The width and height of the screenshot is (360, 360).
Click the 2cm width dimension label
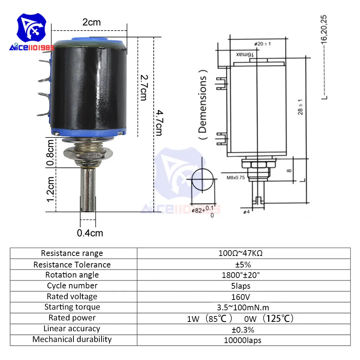(x=91, y=22)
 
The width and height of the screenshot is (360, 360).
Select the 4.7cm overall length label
(x=159, y=123)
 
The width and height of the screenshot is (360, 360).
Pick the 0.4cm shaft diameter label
(x=90, y=233)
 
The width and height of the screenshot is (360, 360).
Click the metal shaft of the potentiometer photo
(x=88, y=189)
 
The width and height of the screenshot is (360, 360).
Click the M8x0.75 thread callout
(x=236, y=177)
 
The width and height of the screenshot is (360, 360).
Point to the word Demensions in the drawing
(x=203, y=104)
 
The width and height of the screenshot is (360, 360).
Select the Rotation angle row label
(x=72, y=275)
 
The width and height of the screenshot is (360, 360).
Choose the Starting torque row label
(x=72, y=307)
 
